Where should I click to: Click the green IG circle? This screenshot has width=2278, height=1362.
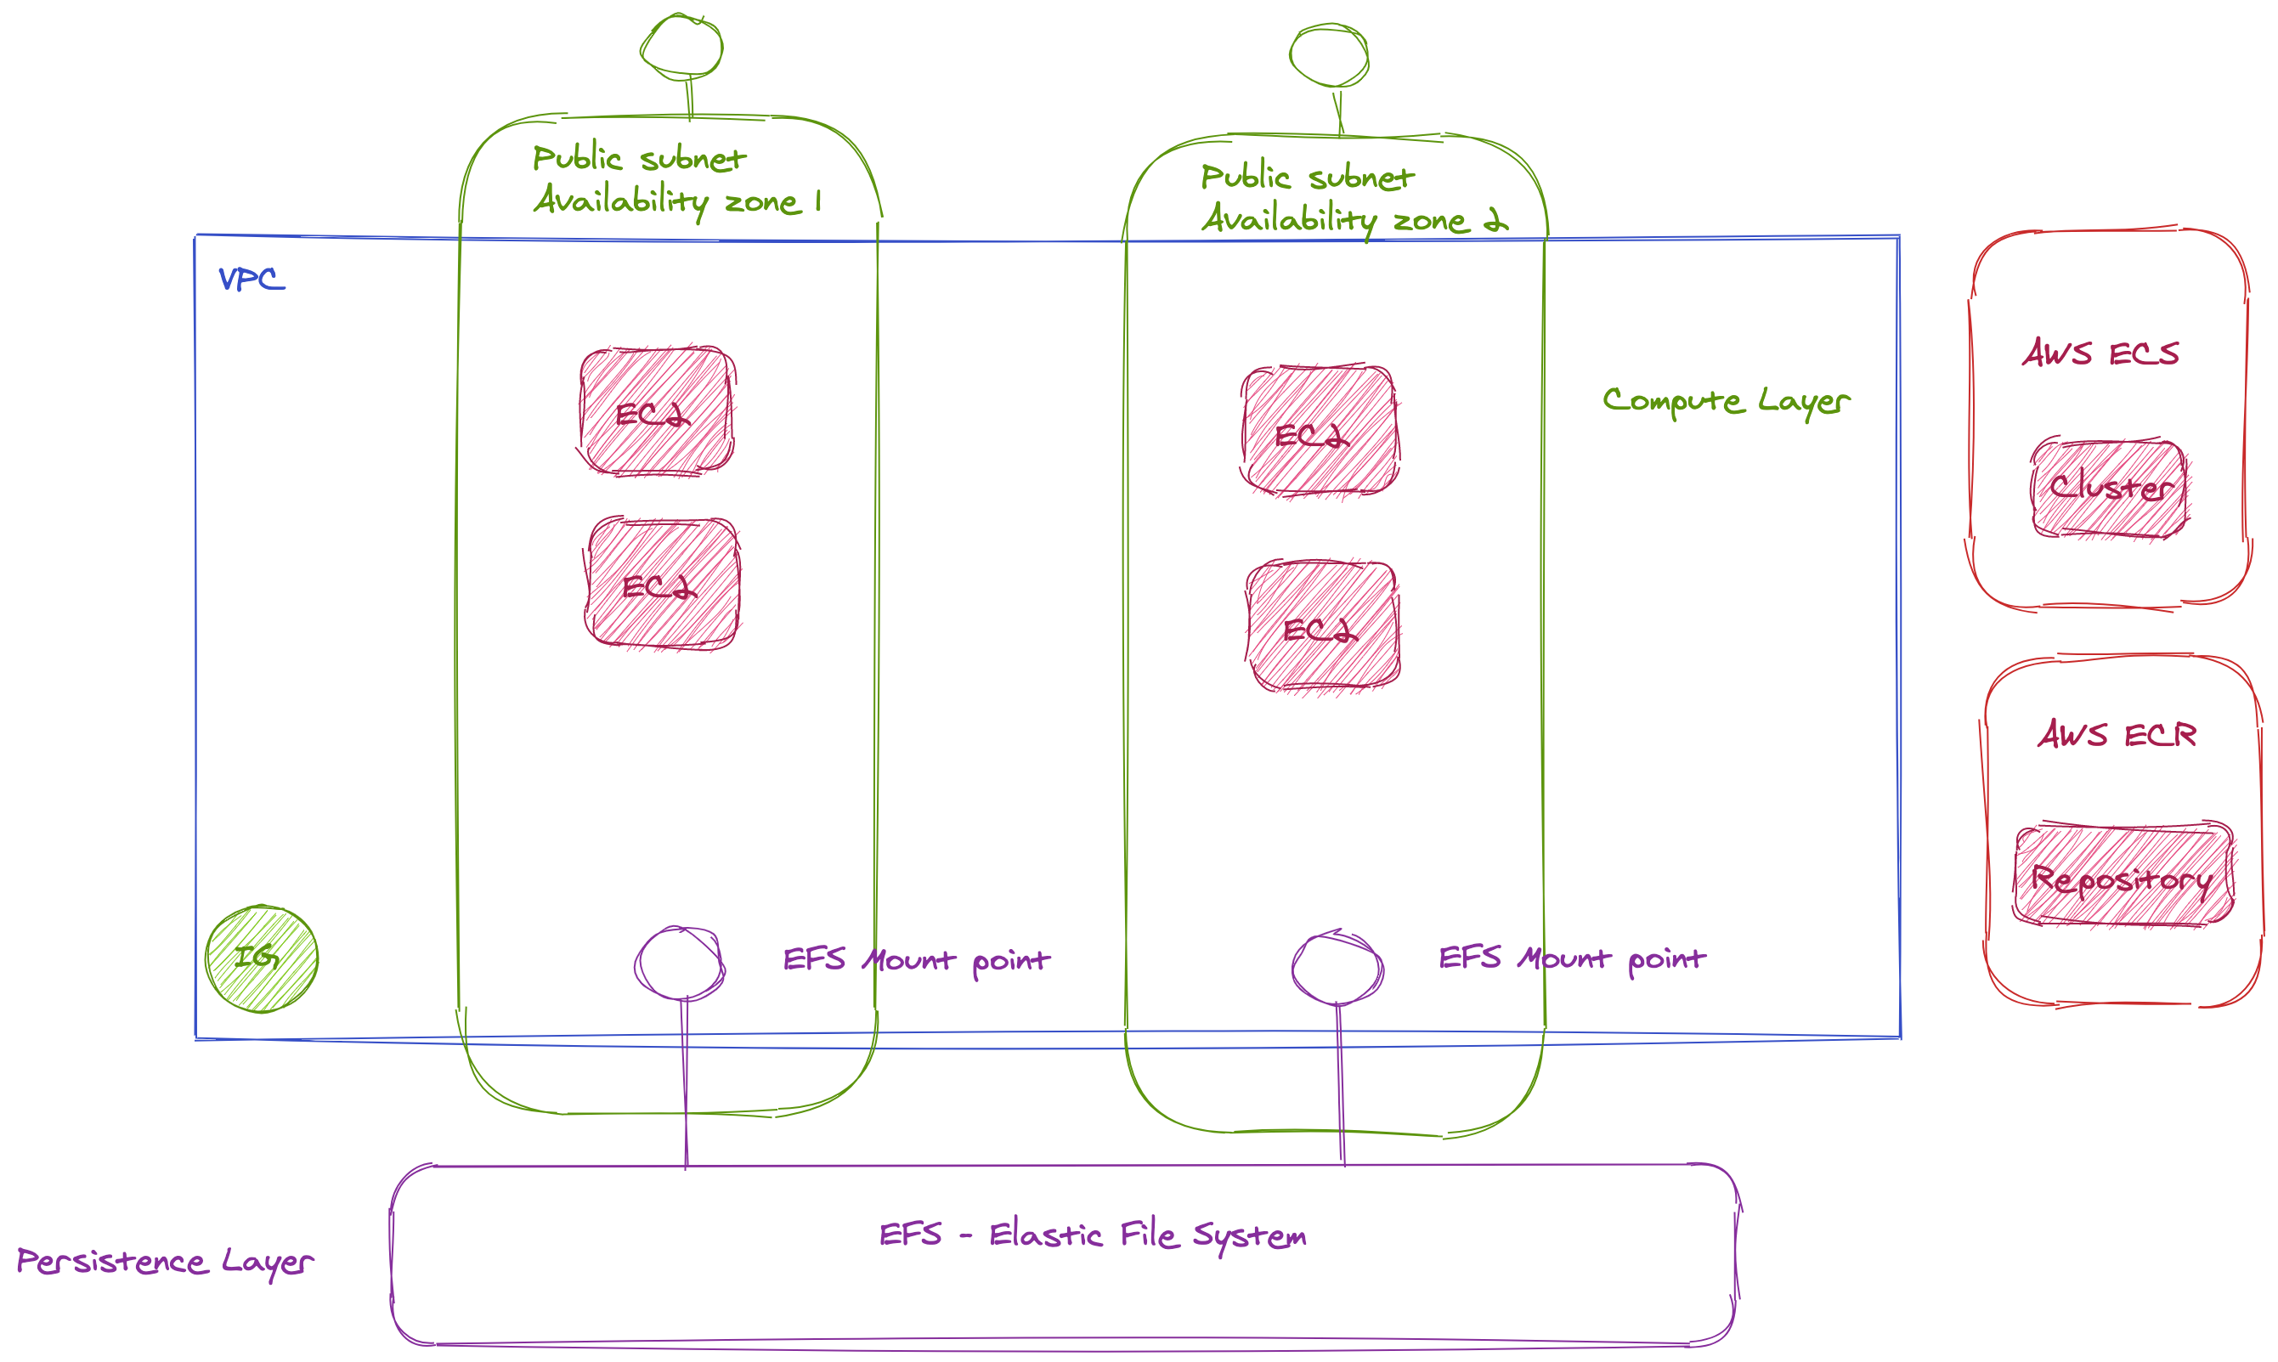pyautogui.click(x=262, y=959)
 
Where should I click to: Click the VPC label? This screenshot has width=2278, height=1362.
pyautogui.click(x=252, y=279)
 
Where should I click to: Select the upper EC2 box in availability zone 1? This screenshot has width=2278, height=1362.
pyautogui.click(x=656, y=411)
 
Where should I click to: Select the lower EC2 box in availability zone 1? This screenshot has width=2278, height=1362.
pyautogui.click(x=663, y=584)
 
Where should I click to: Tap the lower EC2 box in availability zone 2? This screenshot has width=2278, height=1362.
pyautogui.click(x=1323, y=627)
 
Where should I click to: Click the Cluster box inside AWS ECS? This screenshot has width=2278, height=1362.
pyautogui.click(x=2109, y=489)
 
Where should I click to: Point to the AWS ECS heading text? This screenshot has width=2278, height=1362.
pyautogui.click(x=2100, y=353)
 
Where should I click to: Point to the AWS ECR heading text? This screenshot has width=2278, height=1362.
pyautogui.click(x=2117, y=734)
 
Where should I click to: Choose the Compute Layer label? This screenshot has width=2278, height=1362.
pyautogui.click(x=1726, y=401)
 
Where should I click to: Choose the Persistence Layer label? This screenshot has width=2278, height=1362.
pyautogui.click(x=165, y=1262)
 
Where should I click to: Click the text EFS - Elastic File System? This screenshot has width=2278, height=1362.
pyautogui.click(x=1092, y=1235)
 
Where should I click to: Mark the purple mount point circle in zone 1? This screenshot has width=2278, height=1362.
pyautogui.click(x=679, y=964)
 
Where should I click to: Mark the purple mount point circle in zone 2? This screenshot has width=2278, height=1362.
pyautogui.click(x=1337, y=968)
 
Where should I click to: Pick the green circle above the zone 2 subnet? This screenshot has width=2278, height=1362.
pyautogui.click(x=1329, y=56)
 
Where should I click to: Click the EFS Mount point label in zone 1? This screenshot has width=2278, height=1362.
pyautogui.click(x=916, y=960)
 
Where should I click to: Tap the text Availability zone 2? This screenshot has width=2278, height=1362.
pyautogui.click(x=1354, y=219)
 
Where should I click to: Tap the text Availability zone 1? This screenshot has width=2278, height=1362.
pyautogui.click(x=677, y=201)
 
